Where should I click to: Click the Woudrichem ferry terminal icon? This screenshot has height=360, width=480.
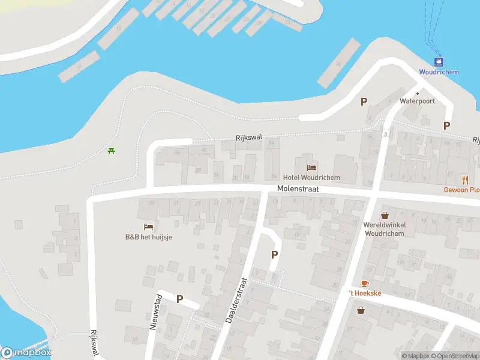pyautogui.click(x=440, y=61)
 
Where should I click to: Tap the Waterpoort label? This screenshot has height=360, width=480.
pyautogui.click(x=417, y=101)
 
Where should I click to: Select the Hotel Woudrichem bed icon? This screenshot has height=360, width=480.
pyautogui.click(x=311, y=167)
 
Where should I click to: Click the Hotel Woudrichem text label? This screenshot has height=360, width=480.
pyautogui.click(x=311, y=178)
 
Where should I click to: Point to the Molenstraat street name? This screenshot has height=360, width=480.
pyautogui.click(x=298, y=188)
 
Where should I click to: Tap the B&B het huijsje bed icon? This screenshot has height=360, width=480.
pyautogui.click(x=148, y=227)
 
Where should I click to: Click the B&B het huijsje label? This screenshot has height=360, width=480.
pyautogui.click(x=148, y=237)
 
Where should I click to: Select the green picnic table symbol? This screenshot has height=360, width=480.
pyautogui.click(x=111, y=151)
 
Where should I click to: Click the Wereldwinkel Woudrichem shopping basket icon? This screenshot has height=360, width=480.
pyautogui.click(x=384, y=215)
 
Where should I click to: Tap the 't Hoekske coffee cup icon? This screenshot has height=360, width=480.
pyautogui.click(x=364, y=283)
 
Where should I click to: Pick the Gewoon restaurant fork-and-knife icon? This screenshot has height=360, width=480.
pyautogui.click(x=465, y=179)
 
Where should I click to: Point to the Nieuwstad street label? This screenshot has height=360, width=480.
pyautogui.click(x=155, y=312)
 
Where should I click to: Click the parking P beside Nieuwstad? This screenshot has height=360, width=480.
pyautogui.click(x=179, y=299)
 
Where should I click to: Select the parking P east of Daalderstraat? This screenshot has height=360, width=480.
pyautogui.click(x=275, y=254)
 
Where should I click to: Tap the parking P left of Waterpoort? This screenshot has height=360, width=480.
pyautogui.click(x=364, y=101)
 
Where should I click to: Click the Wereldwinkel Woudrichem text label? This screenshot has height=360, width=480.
pyautogui.click(x=384, y=229)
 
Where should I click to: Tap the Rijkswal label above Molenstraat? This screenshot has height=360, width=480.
pyautogui.click(x=249, y=138)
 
